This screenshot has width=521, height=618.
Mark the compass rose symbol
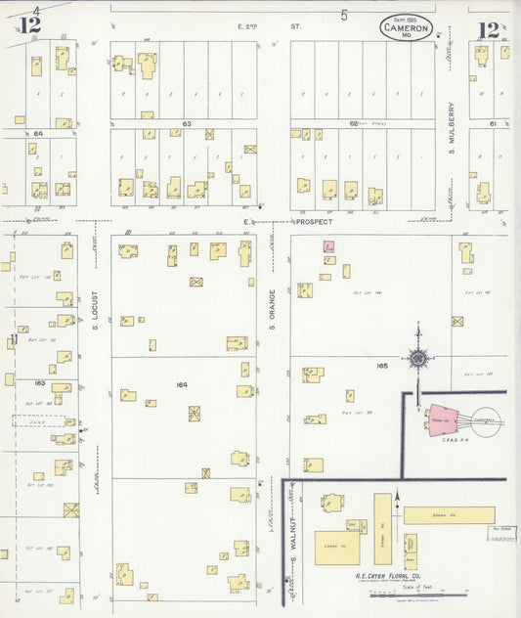418,358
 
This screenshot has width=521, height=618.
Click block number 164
182,384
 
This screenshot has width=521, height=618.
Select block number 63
185,125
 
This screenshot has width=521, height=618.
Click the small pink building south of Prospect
329,248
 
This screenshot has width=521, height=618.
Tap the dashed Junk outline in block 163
38,420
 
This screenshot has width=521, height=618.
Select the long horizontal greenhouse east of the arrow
449,514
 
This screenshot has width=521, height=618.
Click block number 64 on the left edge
39,133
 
